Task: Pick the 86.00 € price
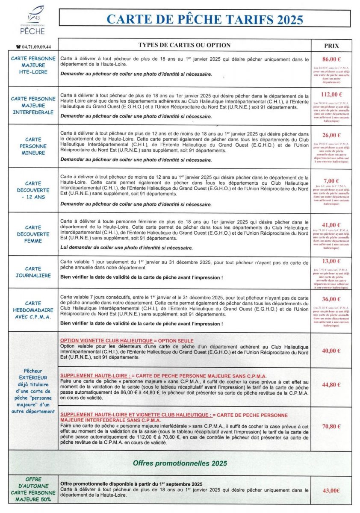click(331, 59)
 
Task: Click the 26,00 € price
click(331, 136)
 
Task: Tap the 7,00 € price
click(331, 180)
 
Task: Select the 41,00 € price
click(331, 225)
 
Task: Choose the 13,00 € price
click(331, 261)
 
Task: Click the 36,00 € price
click(331, 299)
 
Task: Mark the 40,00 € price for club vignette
click(331, 351)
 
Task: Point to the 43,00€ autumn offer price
click(331, 491)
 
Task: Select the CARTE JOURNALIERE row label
click(33, 272)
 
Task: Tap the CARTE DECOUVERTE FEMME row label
click(33, 234)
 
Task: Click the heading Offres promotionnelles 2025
click(180, 463)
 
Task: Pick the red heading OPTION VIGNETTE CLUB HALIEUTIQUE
click(127, 340)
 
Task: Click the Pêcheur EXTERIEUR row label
click(33, 391)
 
